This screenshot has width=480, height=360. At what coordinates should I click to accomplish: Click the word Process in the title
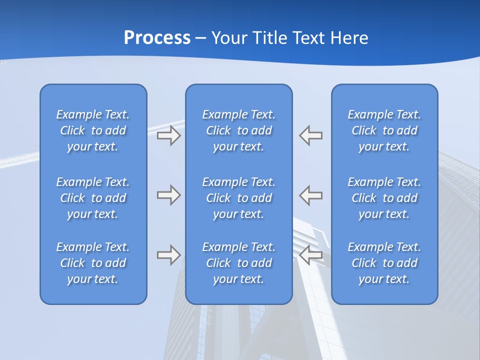tap(157, 38)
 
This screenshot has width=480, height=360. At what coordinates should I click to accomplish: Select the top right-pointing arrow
tap(168, 135)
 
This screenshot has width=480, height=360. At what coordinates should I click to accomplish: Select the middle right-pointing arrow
tap(168, 195)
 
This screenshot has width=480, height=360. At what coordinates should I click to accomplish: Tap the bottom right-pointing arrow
tap(168, 255)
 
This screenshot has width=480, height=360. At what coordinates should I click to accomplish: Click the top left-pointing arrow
tap(311, 135)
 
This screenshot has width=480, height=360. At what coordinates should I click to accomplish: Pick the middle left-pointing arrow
tap(311, 195)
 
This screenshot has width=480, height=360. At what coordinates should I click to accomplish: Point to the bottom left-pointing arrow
tap(311, 255)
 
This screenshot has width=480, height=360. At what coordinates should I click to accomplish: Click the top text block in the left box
tap(93, 130)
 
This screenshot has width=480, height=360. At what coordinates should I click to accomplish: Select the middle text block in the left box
tap(93, 198)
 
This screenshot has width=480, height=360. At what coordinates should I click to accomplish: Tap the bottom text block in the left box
tap(93, 263)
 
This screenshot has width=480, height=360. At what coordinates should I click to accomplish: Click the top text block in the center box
tap(239, 130)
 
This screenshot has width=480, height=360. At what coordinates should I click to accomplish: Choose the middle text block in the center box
tap(239, 198)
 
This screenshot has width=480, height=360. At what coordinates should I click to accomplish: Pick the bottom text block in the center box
tap(239, 263)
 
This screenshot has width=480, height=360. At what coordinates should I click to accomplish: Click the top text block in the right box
tap(384, 130)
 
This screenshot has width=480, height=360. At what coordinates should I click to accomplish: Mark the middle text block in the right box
tap(384, 198)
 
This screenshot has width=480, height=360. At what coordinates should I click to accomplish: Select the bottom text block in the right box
tap(384, 263)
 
